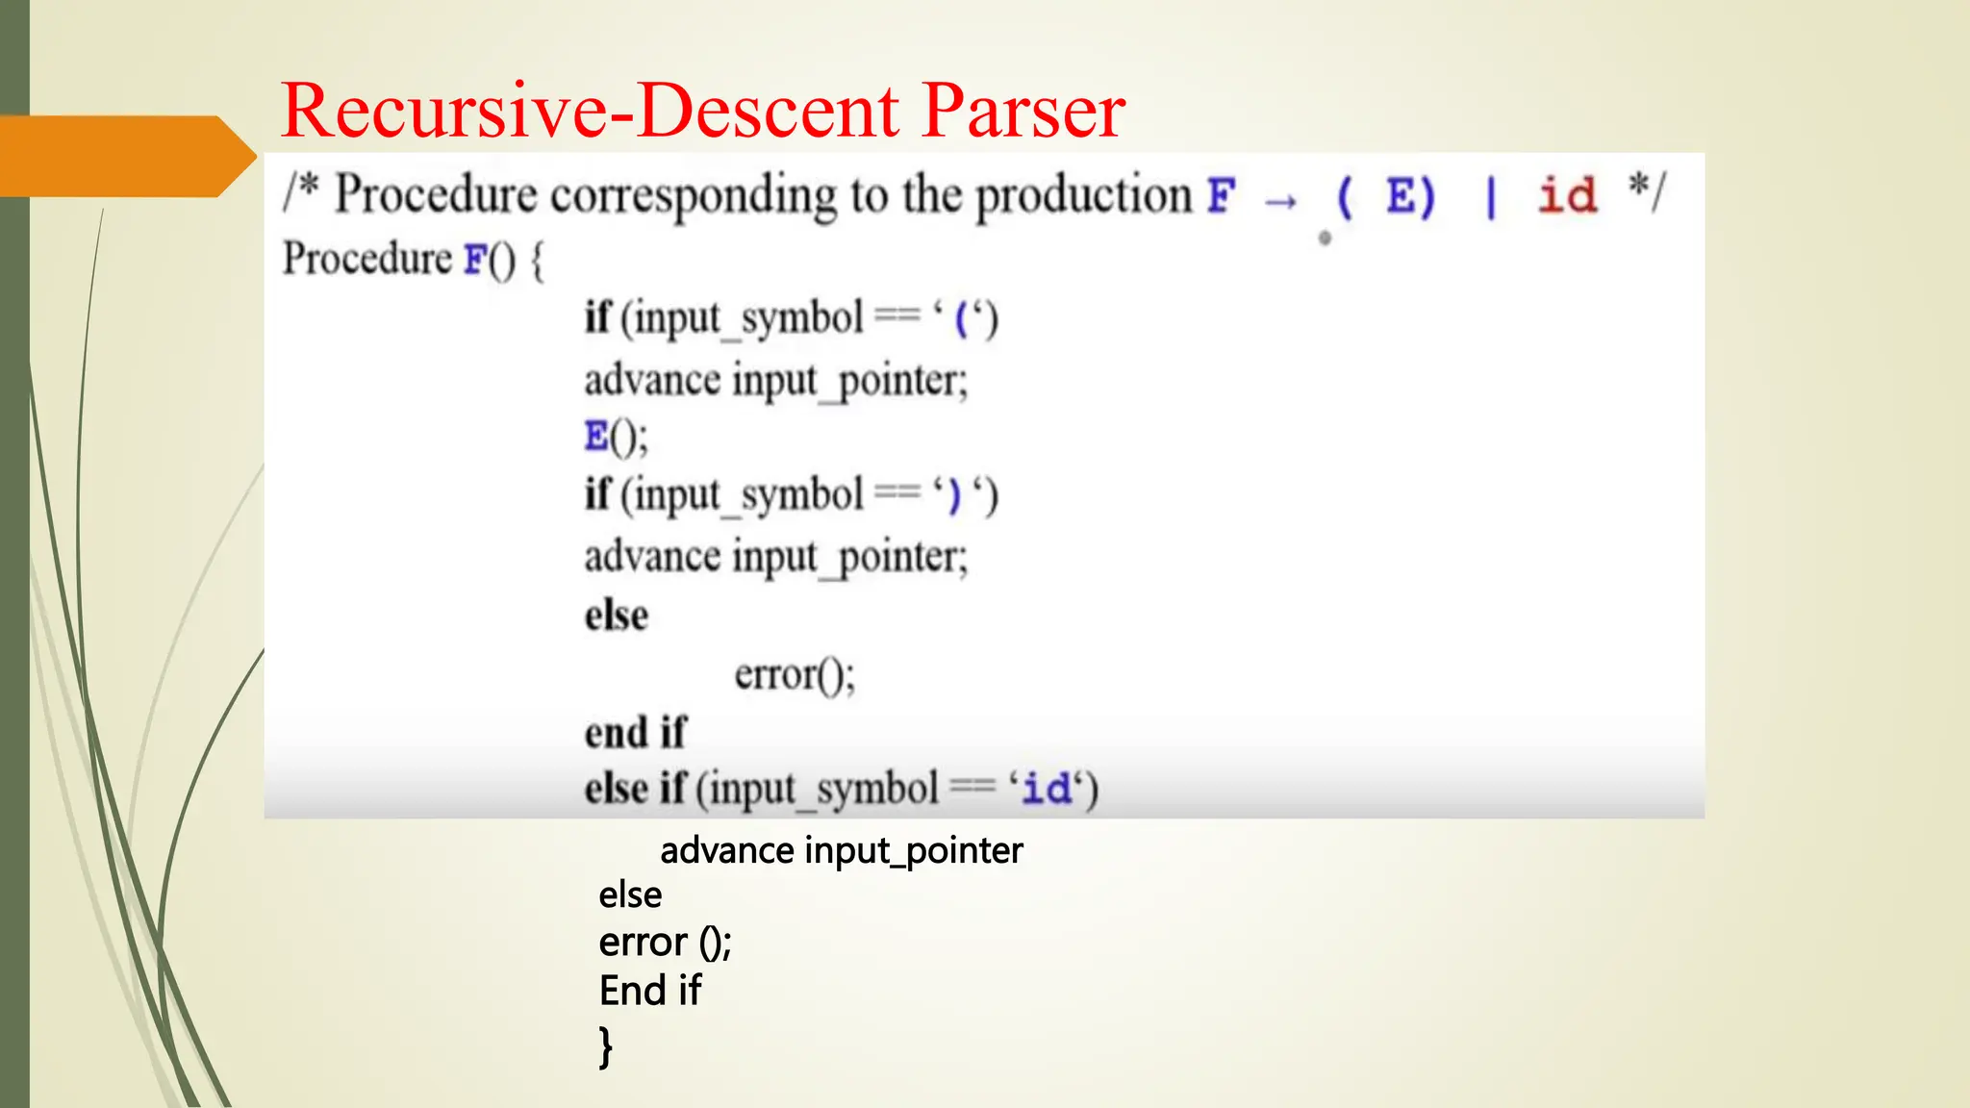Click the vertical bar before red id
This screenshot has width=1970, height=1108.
point(1491,197)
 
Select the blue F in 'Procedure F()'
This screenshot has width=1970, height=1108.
point(475,260)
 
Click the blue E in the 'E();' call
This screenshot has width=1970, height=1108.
point(596,437)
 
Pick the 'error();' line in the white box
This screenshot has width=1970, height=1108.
point(795,674)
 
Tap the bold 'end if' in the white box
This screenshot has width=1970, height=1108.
point(635,733)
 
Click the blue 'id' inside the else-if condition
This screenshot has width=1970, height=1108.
point(1047,790)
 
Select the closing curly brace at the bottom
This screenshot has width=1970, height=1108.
point(605,1046)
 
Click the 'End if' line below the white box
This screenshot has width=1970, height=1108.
point(650,991)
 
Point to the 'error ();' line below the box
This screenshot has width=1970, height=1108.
point(665,943)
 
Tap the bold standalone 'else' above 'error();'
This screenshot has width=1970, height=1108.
point(617,616)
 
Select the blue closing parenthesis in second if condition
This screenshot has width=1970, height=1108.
point(953,496)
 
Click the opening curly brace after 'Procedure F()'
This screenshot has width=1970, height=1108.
point(537,261)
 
